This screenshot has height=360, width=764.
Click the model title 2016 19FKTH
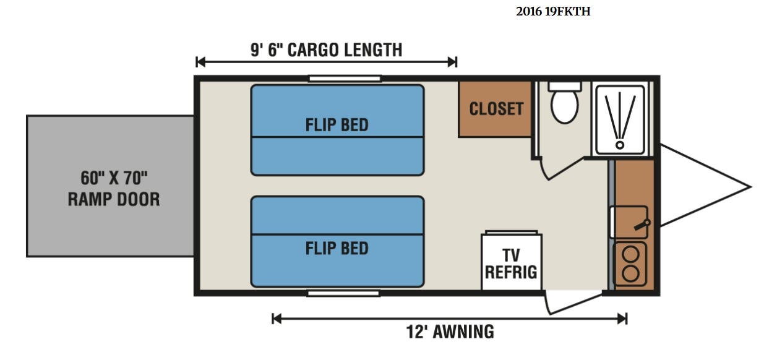pyautogui.click(x=553, y=11)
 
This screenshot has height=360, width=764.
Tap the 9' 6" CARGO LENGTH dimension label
pyautogui.click(x=327, y=49)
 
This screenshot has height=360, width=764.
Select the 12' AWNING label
pyautogui.click(x=450, y=332)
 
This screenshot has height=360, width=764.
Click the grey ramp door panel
pyautogui.click(x=110, y=186)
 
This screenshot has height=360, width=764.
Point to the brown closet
pyautogui.click(x=495, y=109)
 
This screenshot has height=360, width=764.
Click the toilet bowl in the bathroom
pyautogui.click(x=564, y=106)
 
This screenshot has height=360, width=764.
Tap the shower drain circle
pyautogui.click(x=620, y=145)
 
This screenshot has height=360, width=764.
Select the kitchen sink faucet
pyautogui.click(x=642, y=225)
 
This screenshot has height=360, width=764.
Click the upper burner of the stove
pyautogui.click(x=630, y=254)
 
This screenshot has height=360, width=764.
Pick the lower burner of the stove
pyautogui.click(x=630, y=274)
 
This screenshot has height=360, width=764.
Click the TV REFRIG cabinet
pyautogui.click(x=511, y=262)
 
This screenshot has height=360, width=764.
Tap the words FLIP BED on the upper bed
pyautogui.click(x=337, y=125)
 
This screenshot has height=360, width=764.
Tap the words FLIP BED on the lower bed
pyautogui.click(x=337, y=248)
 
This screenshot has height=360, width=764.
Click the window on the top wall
pyautogui.click(x=345, y=79)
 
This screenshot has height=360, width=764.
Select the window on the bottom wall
pyautogui.click(x=343, y=293)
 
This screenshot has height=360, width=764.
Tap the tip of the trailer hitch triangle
pyautogui.click(x=751, y=186)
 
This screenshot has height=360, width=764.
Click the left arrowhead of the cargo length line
pyautogui.click(x=200, y=62)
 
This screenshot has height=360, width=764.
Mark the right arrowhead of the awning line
pyautogui.click(x=622, y=319)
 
